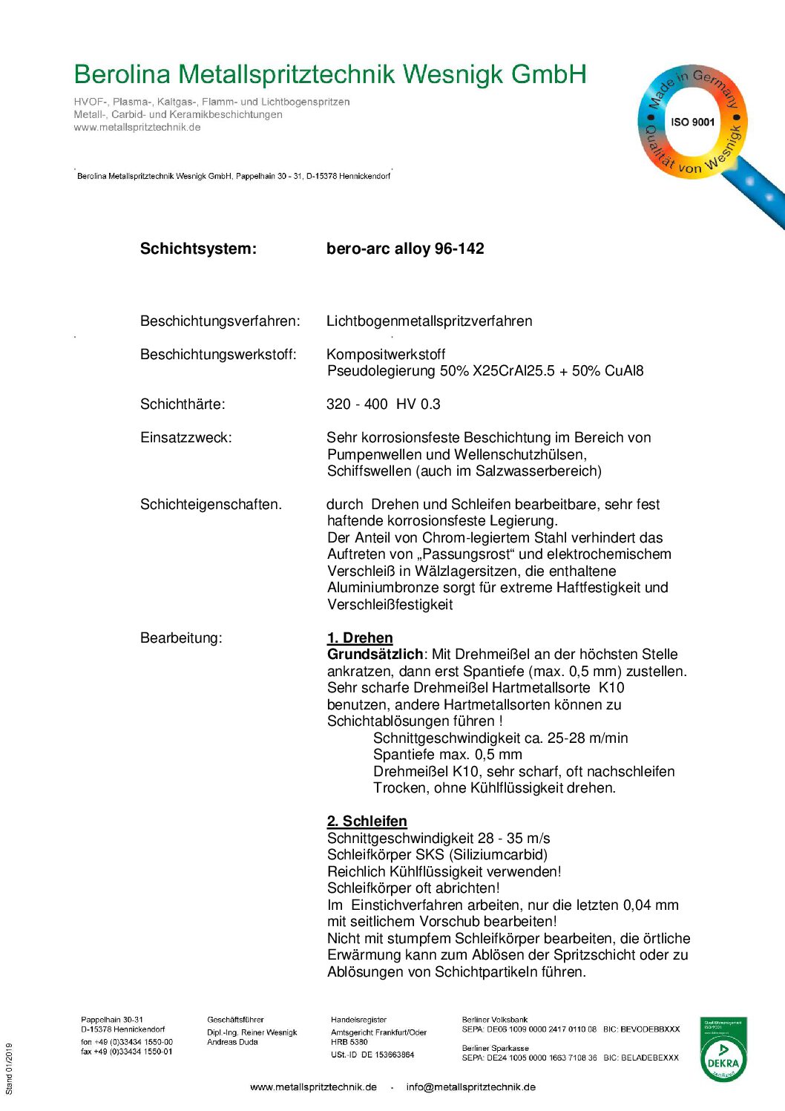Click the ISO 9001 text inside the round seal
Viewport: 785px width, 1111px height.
[x=692, y=122]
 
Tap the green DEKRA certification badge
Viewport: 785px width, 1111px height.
[x=723, y=1050]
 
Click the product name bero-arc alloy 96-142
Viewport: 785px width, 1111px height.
[x=405, y=249]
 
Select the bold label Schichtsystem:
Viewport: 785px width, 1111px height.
[x=198, y=249]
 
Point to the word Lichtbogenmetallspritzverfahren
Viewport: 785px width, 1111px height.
[x=429, y=321]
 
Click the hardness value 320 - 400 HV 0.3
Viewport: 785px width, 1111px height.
[x=383, y=404]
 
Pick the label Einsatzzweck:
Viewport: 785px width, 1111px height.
[x=185, y=438]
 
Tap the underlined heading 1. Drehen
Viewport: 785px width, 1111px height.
[x=360, y=638]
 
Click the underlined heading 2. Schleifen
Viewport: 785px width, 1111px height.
[x=367, y=822]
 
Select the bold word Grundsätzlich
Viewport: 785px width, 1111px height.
[x=375, y=655]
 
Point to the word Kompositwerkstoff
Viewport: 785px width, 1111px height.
[x=386, y=355]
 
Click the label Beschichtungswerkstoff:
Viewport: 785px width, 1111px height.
[x=218, y=355]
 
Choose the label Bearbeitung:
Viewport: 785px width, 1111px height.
[x=181, y=638]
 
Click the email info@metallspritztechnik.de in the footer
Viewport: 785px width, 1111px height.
[x=470, y=1087]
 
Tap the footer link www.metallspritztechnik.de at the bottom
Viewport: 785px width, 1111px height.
[x=313, y=1087]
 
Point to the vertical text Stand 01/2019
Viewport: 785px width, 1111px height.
[x=10, y=1069]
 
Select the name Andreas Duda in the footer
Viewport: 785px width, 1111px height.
[x=232, y=1042]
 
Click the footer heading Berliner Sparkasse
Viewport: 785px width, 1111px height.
[x=495, y=1049]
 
